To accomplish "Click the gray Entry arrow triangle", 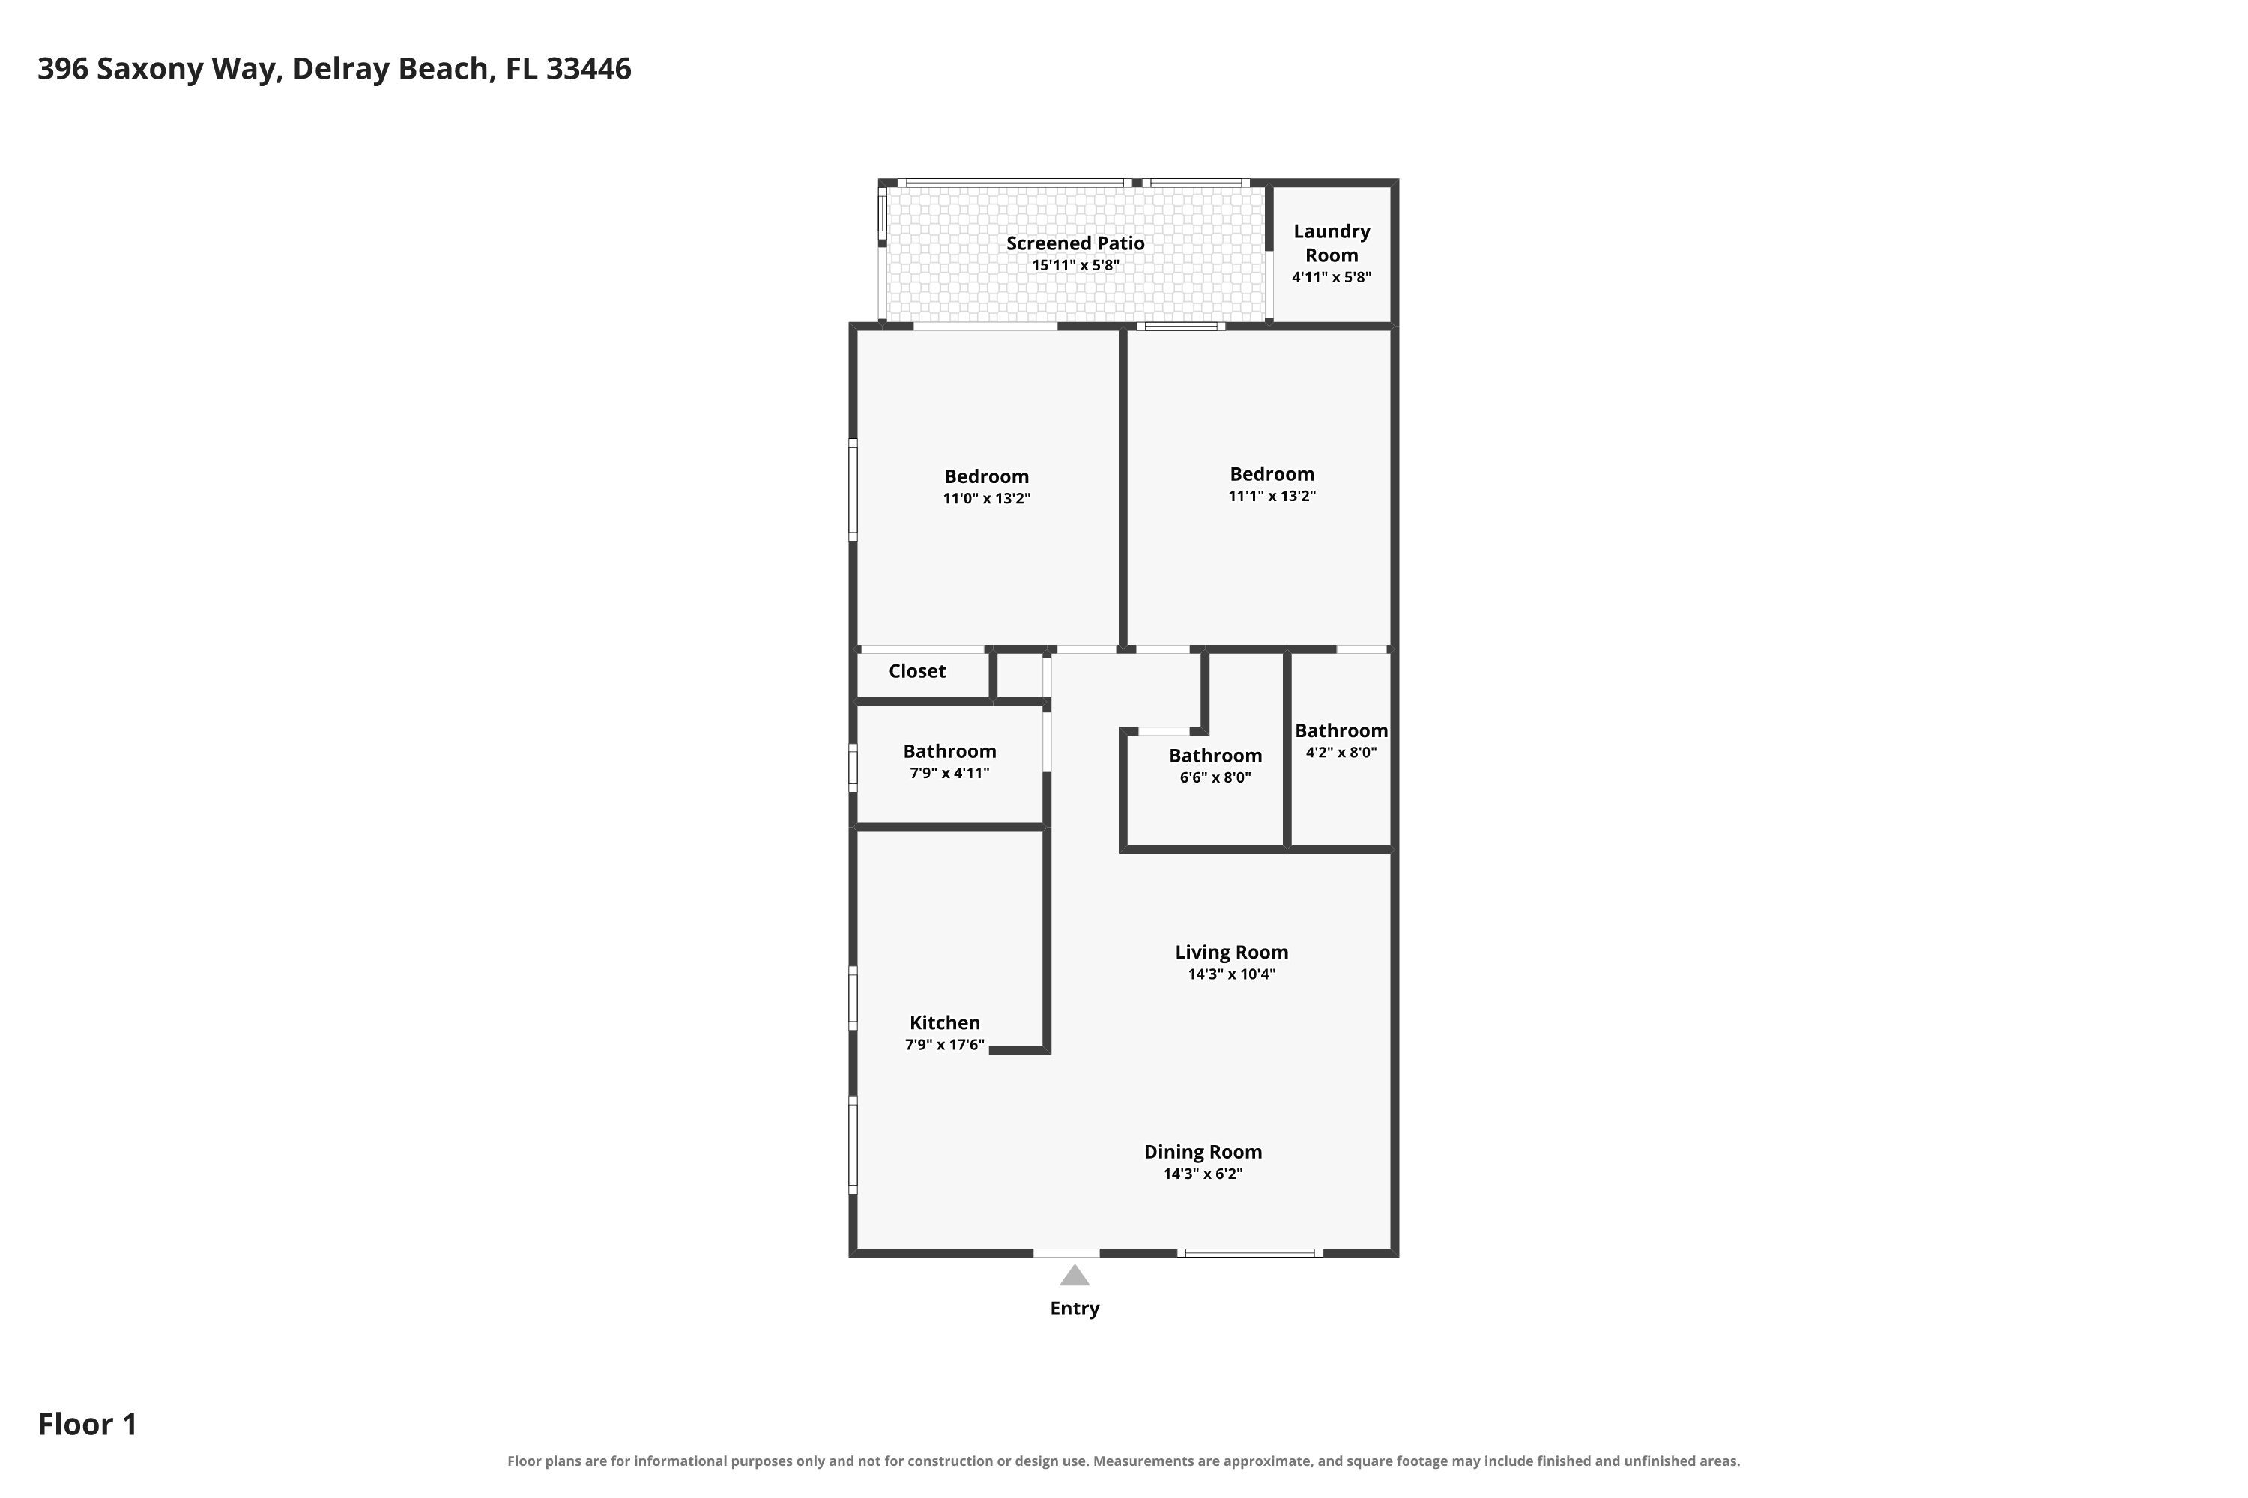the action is click(x=1075, y=1276).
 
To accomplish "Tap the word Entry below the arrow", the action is click(x=1075, y=1309).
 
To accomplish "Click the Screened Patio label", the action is click(x=1075, y=243).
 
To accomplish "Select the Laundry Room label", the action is click(x=1332, y=243).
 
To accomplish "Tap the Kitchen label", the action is click(x=944, y=1022).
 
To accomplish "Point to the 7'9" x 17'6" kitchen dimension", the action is click(x=944, y=1044).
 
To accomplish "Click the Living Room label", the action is click(x=1231, y=953).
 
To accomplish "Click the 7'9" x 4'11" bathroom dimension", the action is click(x=949, y=773).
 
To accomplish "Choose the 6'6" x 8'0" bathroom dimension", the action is click(x=1215, y=777).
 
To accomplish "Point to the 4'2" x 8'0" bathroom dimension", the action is click(x=1341, y=752).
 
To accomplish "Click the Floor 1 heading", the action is click(x=88, y=1424).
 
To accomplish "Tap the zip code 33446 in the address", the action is click(x=589, y=69).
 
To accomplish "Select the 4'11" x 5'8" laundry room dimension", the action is click(x=1332, y=277).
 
